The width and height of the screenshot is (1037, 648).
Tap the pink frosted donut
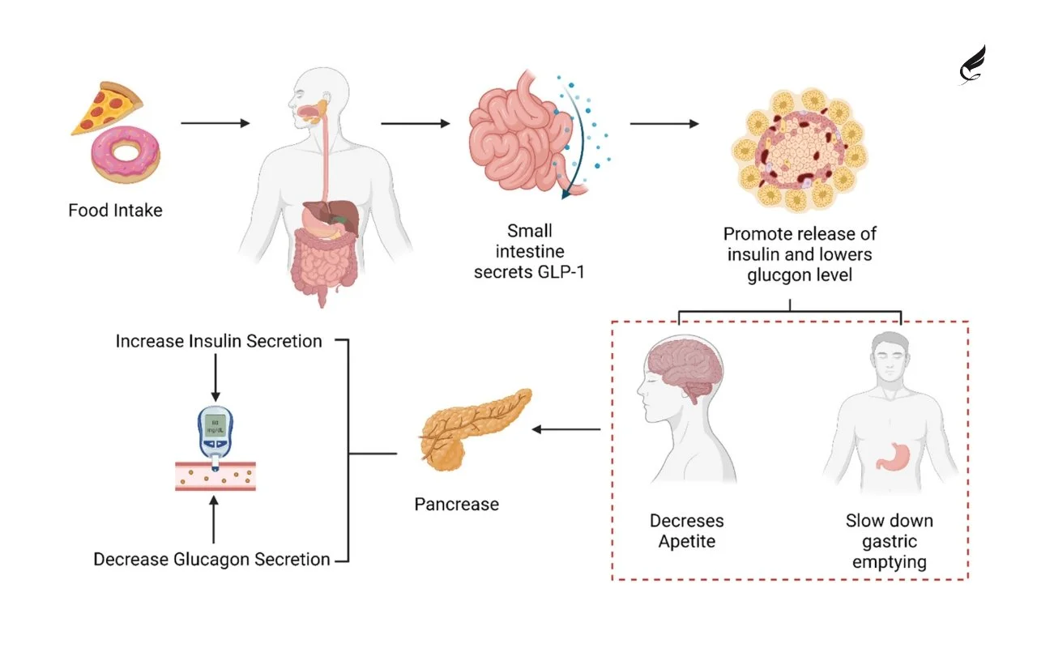tap(126, 156)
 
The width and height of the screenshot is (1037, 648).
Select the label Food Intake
tap(115, 211)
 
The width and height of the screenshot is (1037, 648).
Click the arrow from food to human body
tap(215, 123)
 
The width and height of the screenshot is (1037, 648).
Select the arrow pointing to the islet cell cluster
tap(664, 124)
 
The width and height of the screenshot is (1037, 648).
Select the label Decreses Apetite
tap(686, 531)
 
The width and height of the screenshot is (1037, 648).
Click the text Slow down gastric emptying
tap(889, 540)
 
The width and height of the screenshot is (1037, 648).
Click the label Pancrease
tap(456, 504)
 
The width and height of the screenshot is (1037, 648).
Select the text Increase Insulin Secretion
tap(219, 341)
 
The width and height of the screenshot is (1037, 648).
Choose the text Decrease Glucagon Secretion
tap(211, 559)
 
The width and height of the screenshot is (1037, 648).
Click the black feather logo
tap(972, 65)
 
